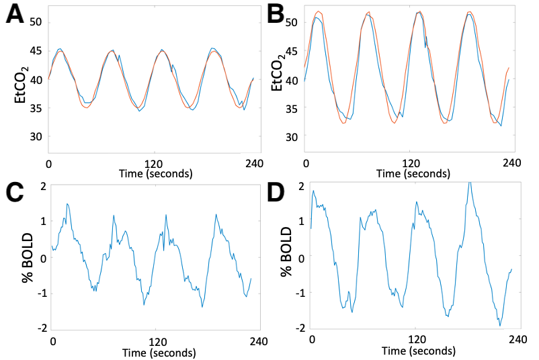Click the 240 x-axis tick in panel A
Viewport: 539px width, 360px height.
253,163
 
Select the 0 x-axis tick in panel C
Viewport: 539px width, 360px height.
53,341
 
